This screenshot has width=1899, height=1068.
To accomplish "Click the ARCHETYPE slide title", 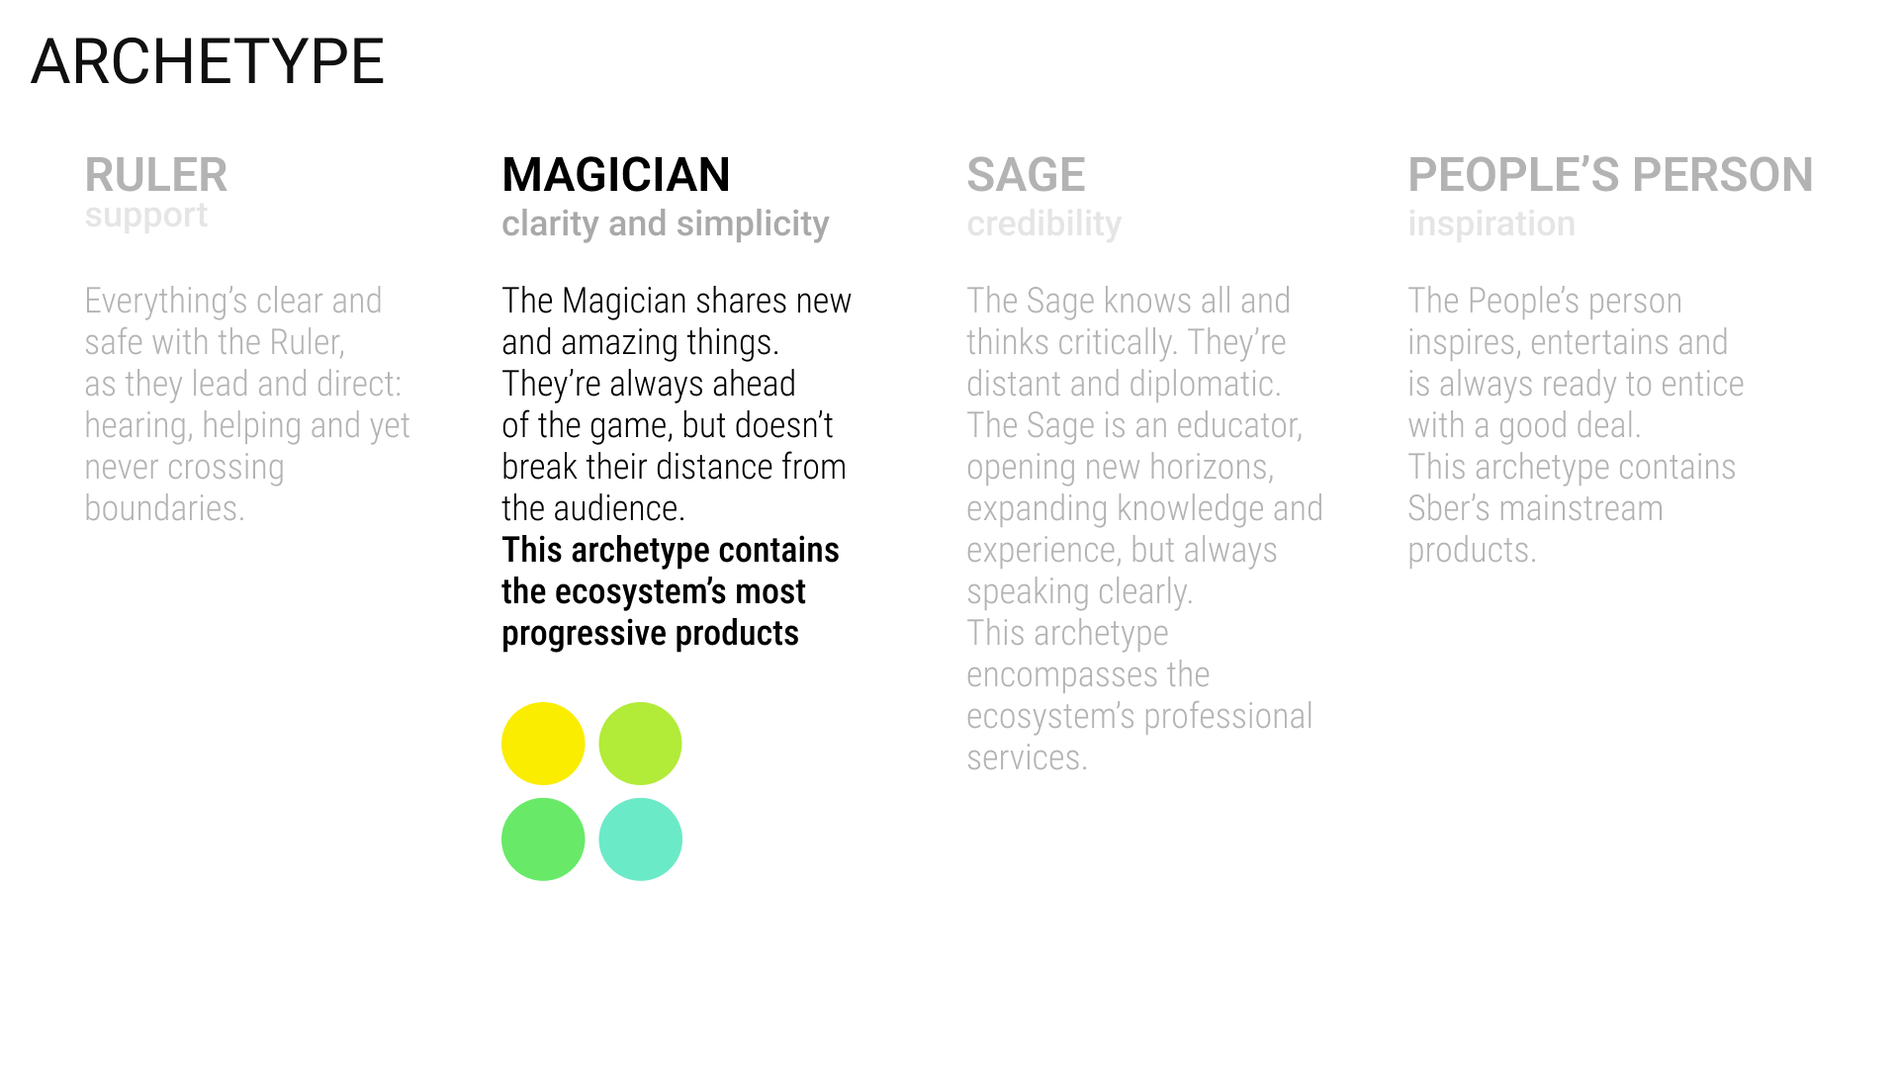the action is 208,61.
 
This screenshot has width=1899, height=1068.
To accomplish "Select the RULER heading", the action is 156,175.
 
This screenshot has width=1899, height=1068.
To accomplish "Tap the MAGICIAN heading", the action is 616,175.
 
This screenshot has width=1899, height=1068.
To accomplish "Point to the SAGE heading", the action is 1026,175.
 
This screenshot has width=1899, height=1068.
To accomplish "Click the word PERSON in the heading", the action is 1723,175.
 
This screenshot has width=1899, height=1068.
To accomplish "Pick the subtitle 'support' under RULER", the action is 146,216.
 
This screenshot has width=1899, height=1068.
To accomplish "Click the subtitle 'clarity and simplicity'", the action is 666,224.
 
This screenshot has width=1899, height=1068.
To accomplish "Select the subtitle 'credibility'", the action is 1044,224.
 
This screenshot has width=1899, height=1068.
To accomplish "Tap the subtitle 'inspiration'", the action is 1492,224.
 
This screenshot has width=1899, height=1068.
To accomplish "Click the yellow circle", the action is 543,744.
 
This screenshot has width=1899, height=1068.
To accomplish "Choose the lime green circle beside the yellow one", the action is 640,744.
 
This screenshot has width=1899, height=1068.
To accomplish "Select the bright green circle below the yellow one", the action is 543,840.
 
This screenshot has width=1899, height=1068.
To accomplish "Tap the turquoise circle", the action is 640,840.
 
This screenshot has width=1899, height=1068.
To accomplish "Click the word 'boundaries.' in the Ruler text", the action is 164,508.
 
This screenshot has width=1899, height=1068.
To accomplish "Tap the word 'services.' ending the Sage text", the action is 1027,757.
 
